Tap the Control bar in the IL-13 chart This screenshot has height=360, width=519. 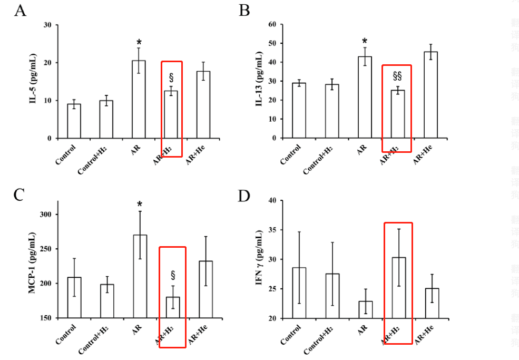tap(299, 110)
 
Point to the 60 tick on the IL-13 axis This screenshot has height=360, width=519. tap(272, 24)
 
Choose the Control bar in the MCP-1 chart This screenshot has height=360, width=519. tap(74, 297)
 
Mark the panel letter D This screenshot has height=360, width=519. tap(243, 196)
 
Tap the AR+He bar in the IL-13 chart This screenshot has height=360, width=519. tap(430, 94)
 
